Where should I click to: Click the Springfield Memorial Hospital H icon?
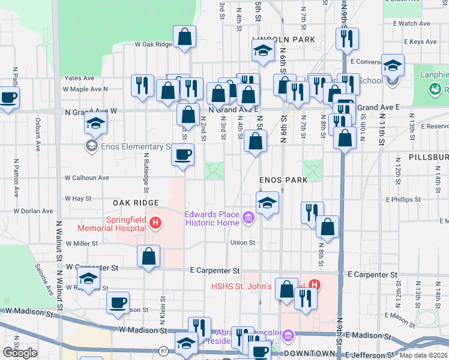click(155, 224)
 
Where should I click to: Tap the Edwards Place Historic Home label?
click(211, 218)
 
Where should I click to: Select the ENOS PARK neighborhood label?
click(283, 180)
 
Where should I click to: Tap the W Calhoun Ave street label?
click(88, 178)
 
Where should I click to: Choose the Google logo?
click(20, 353)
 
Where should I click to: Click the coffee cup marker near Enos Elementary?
click(183, 155)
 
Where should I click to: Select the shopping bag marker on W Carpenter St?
click(148, 257)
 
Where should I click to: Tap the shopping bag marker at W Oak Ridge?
click(185, 37)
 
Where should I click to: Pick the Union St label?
click(243, 243)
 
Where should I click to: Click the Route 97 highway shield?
click(163, 350)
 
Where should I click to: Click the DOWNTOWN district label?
click(309, 353)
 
